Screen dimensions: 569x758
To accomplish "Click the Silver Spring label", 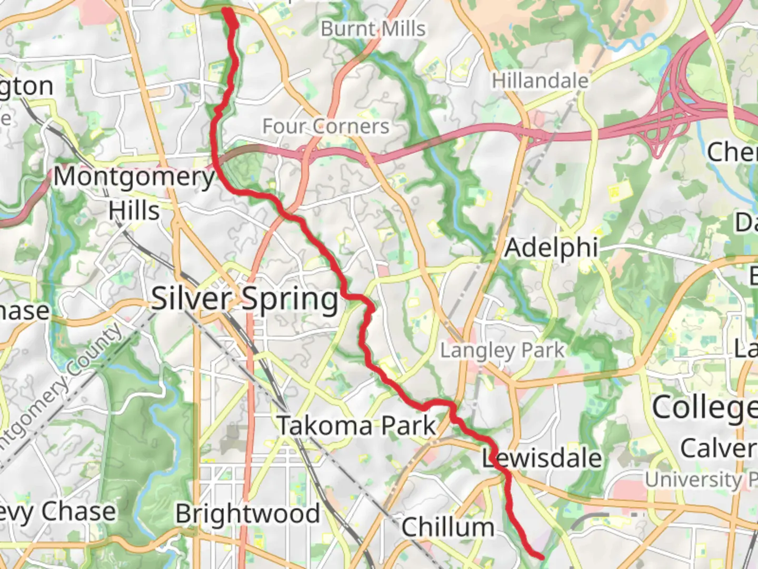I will click(245, 299).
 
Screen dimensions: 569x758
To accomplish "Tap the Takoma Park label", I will click(357, 425).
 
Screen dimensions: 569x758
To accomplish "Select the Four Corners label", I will click(326, 126).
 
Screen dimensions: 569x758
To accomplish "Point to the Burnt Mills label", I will click(373, 28).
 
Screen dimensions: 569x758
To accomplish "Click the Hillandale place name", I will click(540, 81).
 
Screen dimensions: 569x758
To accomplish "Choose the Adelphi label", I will click(551, 248).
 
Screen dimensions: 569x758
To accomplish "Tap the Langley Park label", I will click(502, 350).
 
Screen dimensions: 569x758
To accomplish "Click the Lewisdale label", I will click(542, 458).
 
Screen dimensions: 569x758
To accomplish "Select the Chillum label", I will click(448, 526).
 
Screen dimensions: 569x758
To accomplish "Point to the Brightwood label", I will click(247, 514).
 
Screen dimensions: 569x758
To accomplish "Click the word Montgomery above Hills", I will click(134, 176).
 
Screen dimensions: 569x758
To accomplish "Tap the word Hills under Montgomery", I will click(134, 211).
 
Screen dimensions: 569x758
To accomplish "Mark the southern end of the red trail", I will click(541, 555).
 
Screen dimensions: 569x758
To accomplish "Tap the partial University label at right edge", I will click(700, 479).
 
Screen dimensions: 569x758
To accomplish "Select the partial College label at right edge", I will click(704, 407).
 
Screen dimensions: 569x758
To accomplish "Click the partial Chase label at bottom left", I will click(58, 511).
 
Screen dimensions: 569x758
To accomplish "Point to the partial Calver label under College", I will click(719, 448).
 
